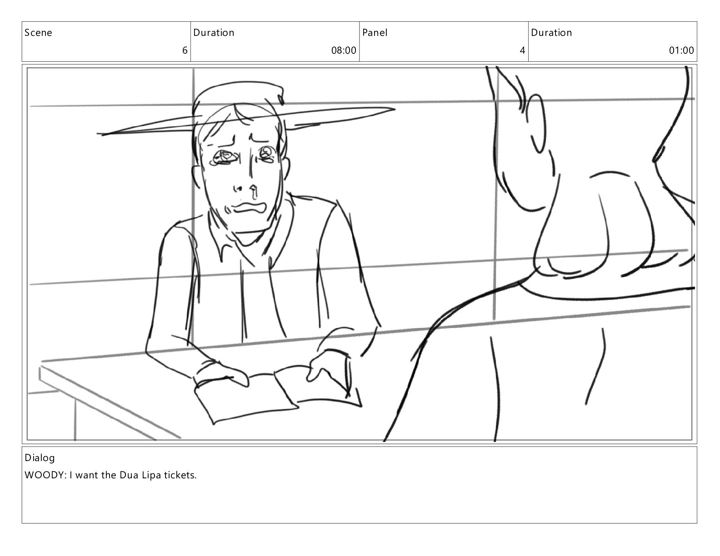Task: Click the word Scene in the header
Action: click(38, 32)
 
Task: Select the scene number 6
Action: click(185, 50)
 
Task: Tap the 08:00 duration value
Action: click(344, 50)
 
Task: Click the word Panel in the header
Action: click(375, 32)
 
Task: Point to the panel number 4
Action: click(523, 50)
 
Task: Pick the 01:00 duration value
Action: click(681, 50)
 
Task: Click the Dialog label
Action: click(40, 458)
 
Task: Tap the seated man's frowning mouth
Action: click(249, 208)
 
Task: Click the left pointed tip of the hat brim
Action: click(97, 134)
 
